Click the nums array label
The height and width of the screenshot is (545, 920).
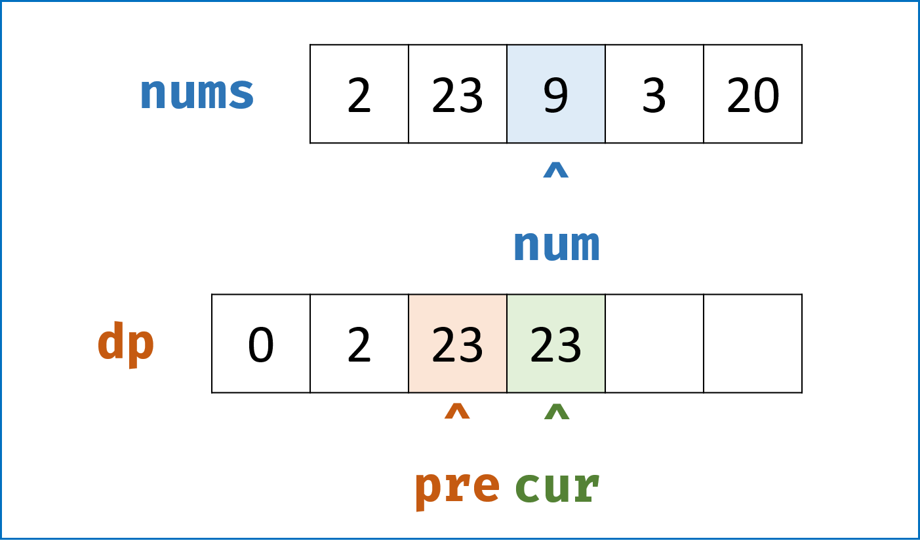(x=197, y=93)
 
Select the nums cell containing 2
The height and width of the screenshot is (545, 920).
(x=359, y=94)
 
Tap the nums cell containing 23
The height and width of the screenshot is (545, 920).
(x=458, y=94)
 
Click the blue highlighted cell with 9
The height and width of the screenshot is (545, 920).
(x=556, y=94)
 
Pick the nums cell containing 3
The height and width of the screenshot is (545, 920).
(x=654, y=94)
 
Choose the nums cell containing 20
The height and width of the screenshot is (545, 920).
(x=753, y=94)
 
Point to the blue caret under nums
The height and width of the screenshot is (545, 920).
(x=555, y=170)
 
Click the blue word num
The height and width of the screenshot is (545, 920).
(x=557, y=246)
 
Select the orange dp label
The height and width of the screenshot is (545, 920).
(x=126, y=345)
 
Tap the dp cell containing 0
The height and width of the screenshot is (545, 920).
(x=261, y=343)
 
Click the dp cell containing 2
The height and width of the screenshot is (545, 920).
(x=359, y=343)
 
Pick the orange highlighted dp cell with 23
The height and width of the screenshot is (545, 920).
(x=458, y=343)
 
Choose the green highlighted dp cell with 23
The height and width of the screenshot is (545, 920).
(x=556, y=343)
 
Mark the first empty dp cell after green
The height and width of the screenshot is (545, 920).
(x=654, y=343)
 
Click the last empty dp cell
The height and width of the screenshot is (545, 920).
(x=753, y=343)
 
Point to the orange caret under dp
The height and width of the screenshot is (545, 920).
(x=457, y=411)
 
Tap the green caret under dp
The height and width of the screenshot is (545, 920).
(x=557, y=411)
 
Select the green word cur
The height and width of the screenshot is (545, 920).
(x=557, y=487)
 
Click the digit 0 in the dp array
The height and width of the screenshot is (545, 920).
(x=261, y=345)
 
